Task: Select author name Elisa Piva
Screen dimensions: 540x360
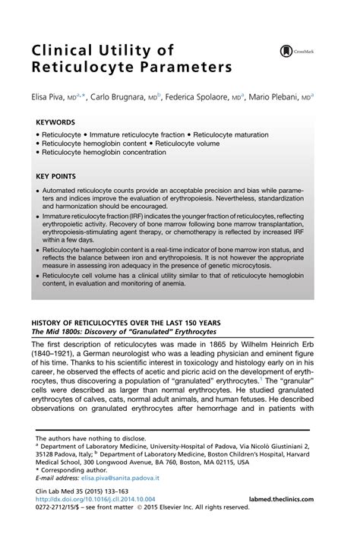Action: (48, 98)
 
